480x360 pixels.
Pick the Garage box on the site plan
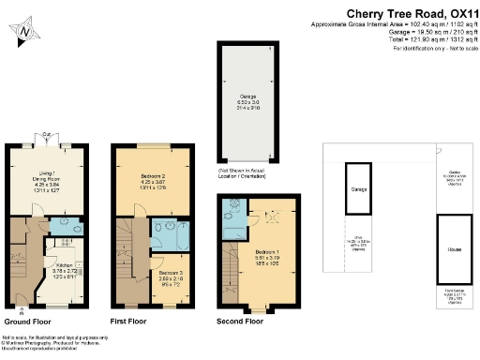tap(358, 189)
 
